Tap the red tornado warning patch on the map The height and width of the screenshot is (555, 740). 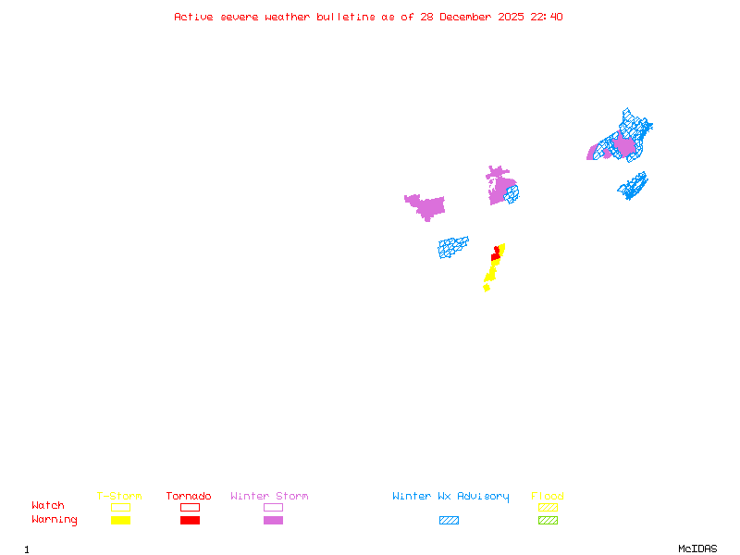pos(496,255)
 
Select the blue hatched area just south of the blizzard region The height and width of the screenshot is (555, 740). pos(453,247)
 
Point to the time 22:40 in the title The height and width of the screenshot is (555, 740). pos(547,17)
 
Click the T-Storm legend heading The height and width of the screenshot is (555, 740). pos(119,496)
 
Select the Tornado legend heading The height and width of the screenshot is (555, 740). pos(189,496)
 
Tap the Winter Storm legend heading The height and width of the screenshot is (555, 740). pos(269,496)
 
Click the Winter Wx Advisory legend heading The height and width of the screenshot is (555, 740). pos(450,496)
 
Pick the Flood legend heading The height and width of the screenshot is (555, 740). pos(548,496)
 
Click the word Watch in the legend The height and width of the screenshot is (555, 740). pos(48,506)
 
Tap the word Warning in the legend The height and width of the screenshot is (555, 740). pos(55,520)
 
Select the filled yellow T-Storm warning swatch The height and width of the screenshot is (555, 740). pos(120,520)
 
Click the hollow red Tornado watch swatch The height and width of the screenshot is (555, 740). pos(190,507)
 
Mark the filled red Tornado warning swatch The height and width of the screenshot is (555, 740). pos(190,520)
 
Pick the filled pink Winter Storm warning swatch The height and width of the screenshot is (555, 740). pos(273,520)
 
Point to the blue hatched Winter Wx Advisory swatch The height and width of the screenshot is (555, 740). pos(449,520)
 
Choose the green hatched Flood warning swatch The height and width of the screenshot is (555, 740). pos(548,520)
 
